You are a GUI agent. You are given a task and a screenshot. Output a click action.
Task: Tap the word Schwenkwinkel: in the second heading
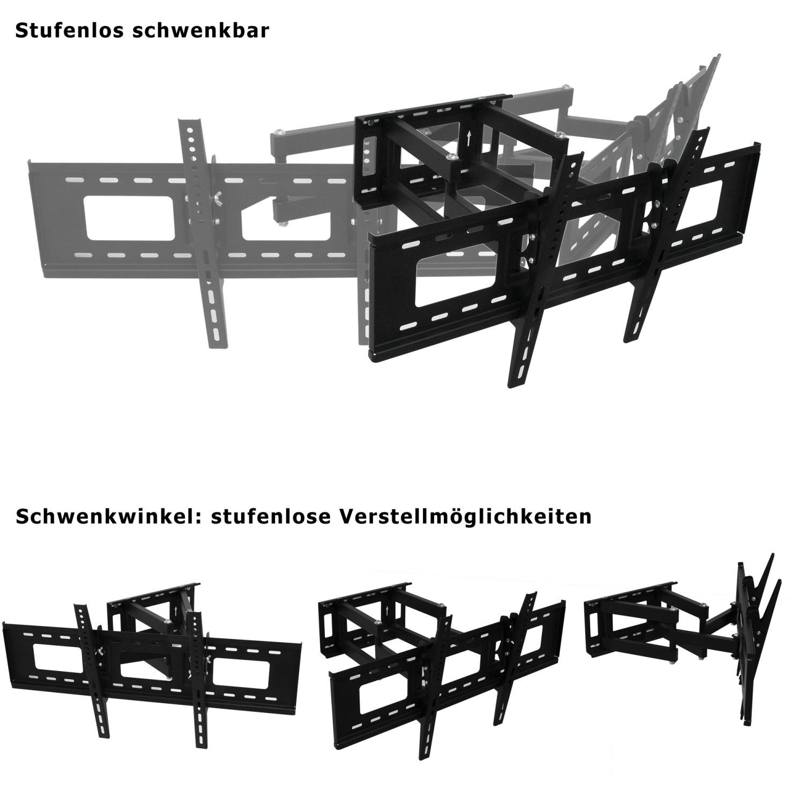click(107, 517)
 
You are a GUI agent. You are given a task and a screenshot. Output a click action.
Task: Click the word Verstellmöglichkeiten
click(465, 517)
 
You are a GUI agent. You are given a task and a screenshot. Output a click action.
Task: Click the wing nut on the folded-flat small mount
click(100, 651)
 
